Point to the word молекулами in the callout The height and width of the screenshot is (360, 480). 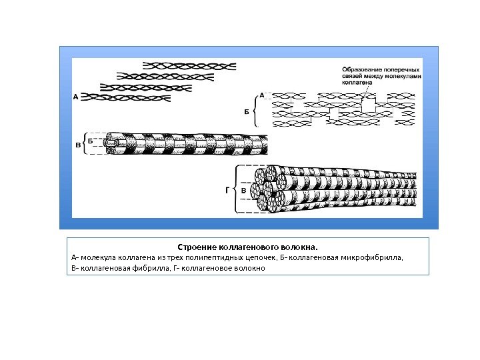pyautogui.click(x=405, y=76)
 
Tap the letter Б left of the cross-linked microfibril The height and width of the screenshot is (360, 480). pyautogui.click(x=246, y=111)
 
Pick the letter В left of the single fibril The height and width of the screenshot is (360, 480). pyautogui.click(x=77, y=145)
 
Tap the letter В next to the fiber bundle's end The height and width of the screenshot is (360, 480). pyautogui.click(x=244, y=191)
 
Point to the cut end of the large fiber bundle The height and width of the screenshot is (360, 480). pyautogui.click(x=270, y=189)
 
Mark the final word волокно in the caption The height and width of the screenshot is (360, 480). pyautogui.click(x=249, y=268)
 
